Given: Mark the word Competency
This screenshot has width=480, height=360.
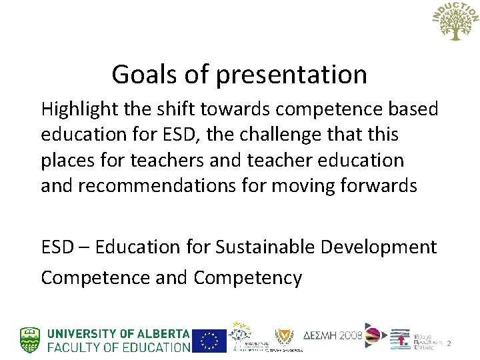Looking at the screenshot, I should coord(248,277).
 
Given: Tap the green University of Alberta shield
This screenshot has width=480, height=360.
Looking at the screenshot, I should coord(30,339).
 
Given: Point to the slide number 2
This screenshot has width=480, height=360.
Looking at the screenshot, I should coord(449,344).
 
